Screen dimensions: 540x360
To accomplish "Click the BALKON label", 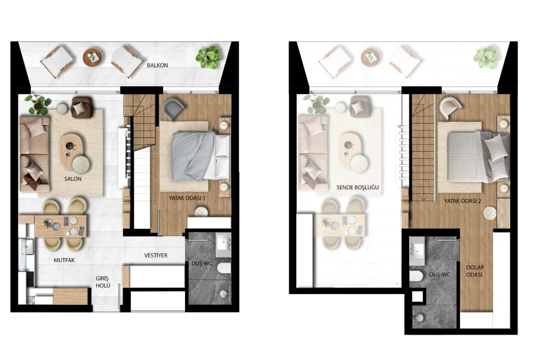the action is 157,65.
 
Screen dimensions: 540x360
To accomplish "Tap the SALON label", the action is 73,179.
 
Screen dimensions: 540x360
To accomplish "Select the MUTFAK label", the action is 64,261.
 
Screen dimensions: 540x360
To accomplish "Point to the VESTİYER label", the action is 156,256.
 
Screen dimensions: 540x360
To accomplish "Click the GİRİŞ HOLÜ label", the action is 103,282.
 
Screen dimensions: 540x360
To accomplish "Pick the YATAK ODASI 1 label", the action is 187,198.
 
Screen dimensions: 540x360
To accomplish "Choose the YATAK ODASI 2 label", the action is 463,201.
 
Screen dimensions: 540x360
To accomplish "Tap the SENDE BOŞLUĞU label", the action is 358,187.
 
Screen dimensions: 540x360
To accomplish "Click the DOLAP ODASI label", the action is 475,271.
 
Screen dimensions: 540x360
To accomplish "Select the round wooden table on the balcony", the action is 92,58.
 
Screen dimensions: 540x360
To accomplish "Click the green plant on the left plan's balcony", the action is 208,58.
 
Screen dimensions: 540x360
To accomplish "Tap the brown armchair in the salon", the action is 82,107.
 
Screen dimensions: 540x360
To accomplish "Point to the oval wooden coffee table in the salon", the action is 71,151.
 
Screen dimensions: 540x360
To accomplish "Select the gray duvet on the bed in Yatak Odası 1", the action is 193,156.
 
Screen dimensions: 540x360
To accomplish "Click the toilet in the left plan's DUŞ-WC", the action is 224,268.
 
